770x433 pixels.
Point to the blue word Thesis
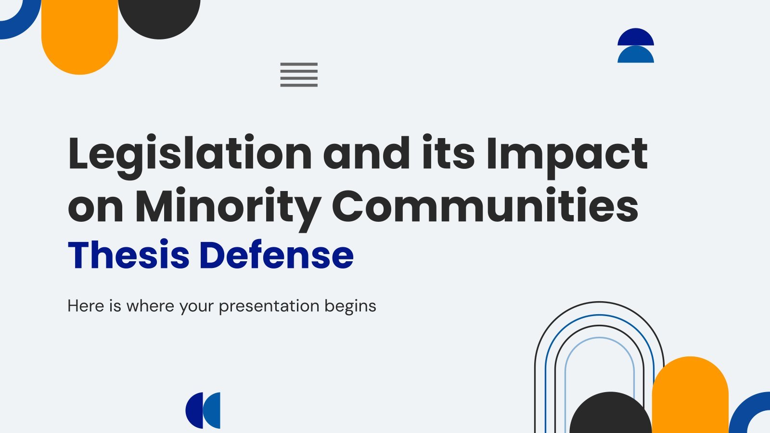128,255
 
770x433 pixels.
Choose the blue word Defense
276,255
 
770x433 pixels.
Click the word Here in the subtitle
86,306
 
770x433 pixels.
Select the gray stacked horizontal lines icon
299,75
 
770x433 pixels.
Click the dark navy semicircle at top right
636,37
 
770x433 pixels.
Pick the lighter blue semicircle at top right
636,54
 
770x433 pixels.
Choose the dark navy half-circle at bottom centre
193,410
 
